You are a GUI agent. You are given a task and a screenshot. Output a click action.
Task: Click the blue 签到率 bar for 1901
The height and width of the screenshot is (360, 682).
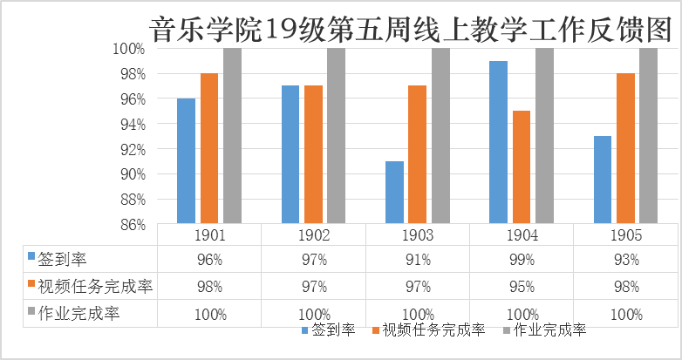[x=186, y=161]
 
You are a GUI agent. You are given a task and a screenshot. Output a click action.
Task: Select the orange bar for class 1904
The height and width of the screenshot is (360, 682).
[x=521, y=167]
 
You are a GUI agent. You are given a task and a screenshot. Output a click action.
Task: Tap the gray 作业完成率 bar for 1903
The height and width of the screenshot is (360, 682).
[x=440, y=136]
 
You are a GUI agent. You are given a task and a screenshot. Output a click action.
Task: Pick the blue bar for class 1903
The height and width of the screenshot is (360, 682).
[x=394, y=193]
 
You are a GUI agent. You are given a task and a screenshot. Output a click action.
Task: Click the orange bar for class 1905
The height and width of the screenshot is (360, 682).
[x=625, y=148]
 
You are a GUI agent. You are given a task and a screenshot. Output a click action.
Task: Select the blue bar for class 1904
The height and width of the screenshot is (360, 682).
[x=498, y=142]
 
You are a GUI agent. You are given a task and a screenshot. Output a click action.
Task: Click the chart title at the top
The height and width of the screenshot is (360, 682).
[x=411, y=29]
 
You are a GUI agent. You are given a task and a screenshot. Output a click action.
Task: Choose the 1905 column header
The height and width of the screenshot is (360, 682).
[x=626, y=235]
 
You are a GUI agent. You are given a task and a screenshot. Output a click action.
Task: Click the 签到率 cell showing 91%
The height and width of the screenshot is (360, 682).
[x=418, y=260]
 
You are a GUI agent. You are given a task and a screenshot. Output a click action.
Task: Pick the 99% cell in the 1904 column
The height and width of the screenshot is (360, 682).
[x=522, y=260]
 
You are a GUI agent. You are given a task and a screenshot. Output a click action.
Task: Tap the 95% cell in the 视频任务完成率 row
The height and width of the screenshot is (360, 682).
[x=522, y=287]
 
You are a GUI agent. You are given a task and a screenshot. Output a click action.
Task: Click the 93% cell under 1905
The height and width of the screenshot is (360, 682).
[x=626, y=260]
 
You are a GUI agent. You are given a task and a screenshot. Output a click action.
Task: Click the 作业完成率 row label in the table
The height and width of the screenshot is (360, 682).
[x=78, y=314]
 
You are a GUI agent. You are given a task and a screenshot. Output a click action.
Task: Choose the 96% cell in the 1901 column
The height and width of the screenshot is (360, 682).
[x=210, y=260]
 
